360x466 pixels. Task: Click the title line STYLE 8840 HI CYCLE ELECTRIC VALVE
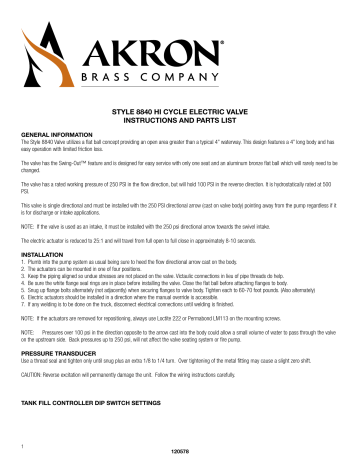tap(180, 116)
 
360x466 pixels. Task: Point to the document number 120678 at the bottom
tap(180, 455)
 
